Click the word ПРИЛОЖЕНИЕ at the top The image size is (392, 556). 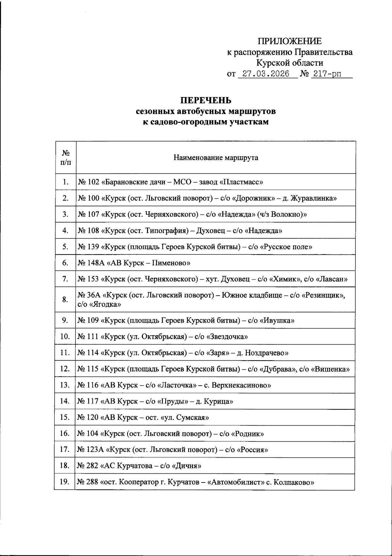(289, 41)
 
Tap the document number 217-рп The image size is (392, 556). (326, 74)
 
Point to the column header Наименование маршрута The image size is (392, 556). (216, 158)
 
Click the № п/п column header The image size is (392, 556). (66, 157)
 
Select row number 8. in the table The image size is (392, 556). (65, 300)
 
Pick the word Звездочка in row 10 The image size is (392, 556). (227, 336)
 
